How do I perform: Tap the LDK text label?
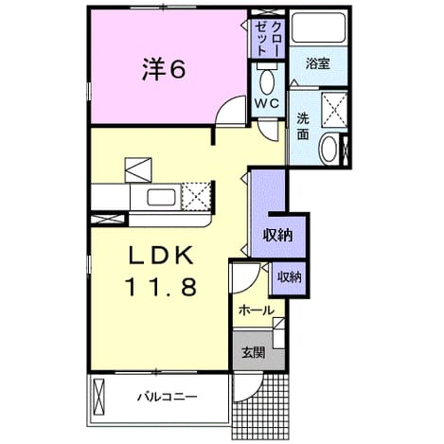160,256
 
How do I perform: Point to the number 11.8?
161,287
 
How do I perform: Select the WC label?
267,103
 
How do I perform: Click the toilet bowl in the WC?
267,81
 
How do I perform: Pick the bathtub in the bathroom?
318,27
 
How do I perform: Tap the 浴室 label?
318,63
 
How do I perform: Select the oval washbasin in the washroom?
329,150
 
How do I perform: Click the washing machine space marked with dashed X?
334,110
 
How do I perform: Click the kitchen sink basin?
161,197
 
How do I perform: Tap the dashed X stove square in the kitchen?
196,196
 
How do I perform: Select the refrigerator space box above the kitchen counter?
138,169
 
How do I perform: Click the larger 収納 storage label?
278,235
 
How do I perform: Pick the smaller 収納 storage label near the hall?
289,277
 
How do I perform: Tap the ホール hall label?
257,311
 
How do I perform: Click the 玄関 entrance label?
253,352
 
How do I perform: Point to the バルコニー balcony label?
167,396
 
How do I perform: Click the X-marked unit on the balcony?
99,395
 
